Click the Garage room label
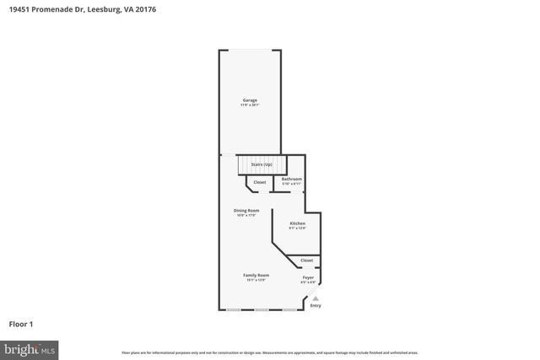point(250,100)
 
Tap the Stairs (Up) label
point(262,164)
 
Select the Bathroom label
point(291,179)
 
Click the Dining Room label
point(246,210)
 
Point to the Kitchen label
point(297,223)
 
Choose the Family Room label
point(256,276)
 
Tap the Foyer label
point(308,277)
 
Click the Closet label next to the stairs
point(260,182)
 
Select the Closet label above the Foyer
point(306,261)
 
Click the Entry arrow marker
point(316,298)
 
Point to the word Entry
point(316,305)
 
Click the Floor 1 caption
point(21,323)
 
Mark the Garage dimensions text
point(250,105)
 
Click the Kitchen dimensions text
point(297,228)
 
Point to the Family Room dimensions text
point(256,281)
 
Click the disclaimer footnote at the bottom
point(270,352)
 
